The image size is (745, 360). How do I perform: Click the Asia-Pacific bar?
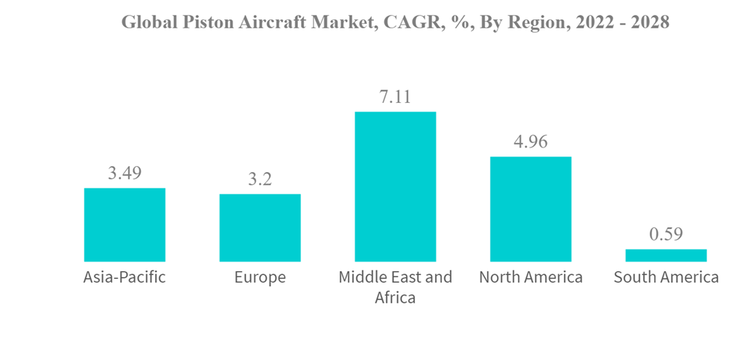coord(124,224)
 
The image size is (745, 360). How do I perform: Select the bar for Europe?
coord(260,227)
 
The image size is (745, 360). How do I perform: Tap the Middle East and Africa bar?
coord(395,186)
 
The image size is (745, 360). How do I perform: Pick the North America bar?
coord(530,209)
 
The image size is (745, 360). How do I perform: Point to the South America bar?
coord(666,255)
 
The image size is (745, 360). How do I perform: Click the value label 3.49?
coord(124,174)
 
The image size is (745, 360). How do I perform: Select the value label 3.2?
coord(260,180)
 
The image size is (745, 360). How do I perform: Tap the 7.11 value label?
coord(395,97)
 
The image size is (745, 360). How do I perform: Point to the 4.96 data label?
coord(530,142)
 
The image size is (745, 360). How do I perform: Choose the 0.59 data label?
coord(666,234)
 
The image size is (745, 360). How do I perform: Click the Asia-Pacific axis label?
coord(124,278)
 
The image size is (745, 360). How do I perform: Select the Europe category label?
coord(260,278)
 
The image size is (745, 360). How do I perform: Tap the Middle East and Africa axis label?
coord(395,287)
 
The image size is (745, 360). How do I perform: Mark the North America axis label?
coord(530,278)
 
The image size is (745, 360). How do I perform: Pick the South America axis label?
coord(666,278)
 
